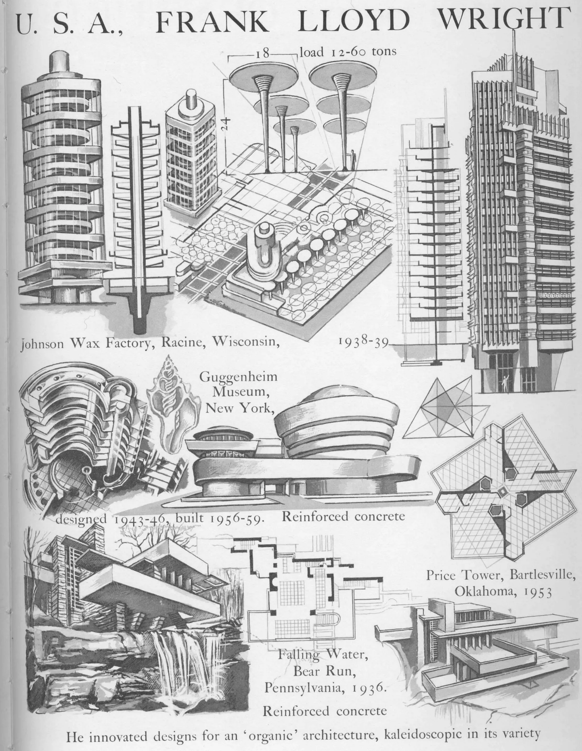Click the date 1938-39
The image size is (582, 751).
click(x=363, y=342)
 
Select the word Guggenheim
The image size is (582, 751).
click(x=238, y=377)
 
